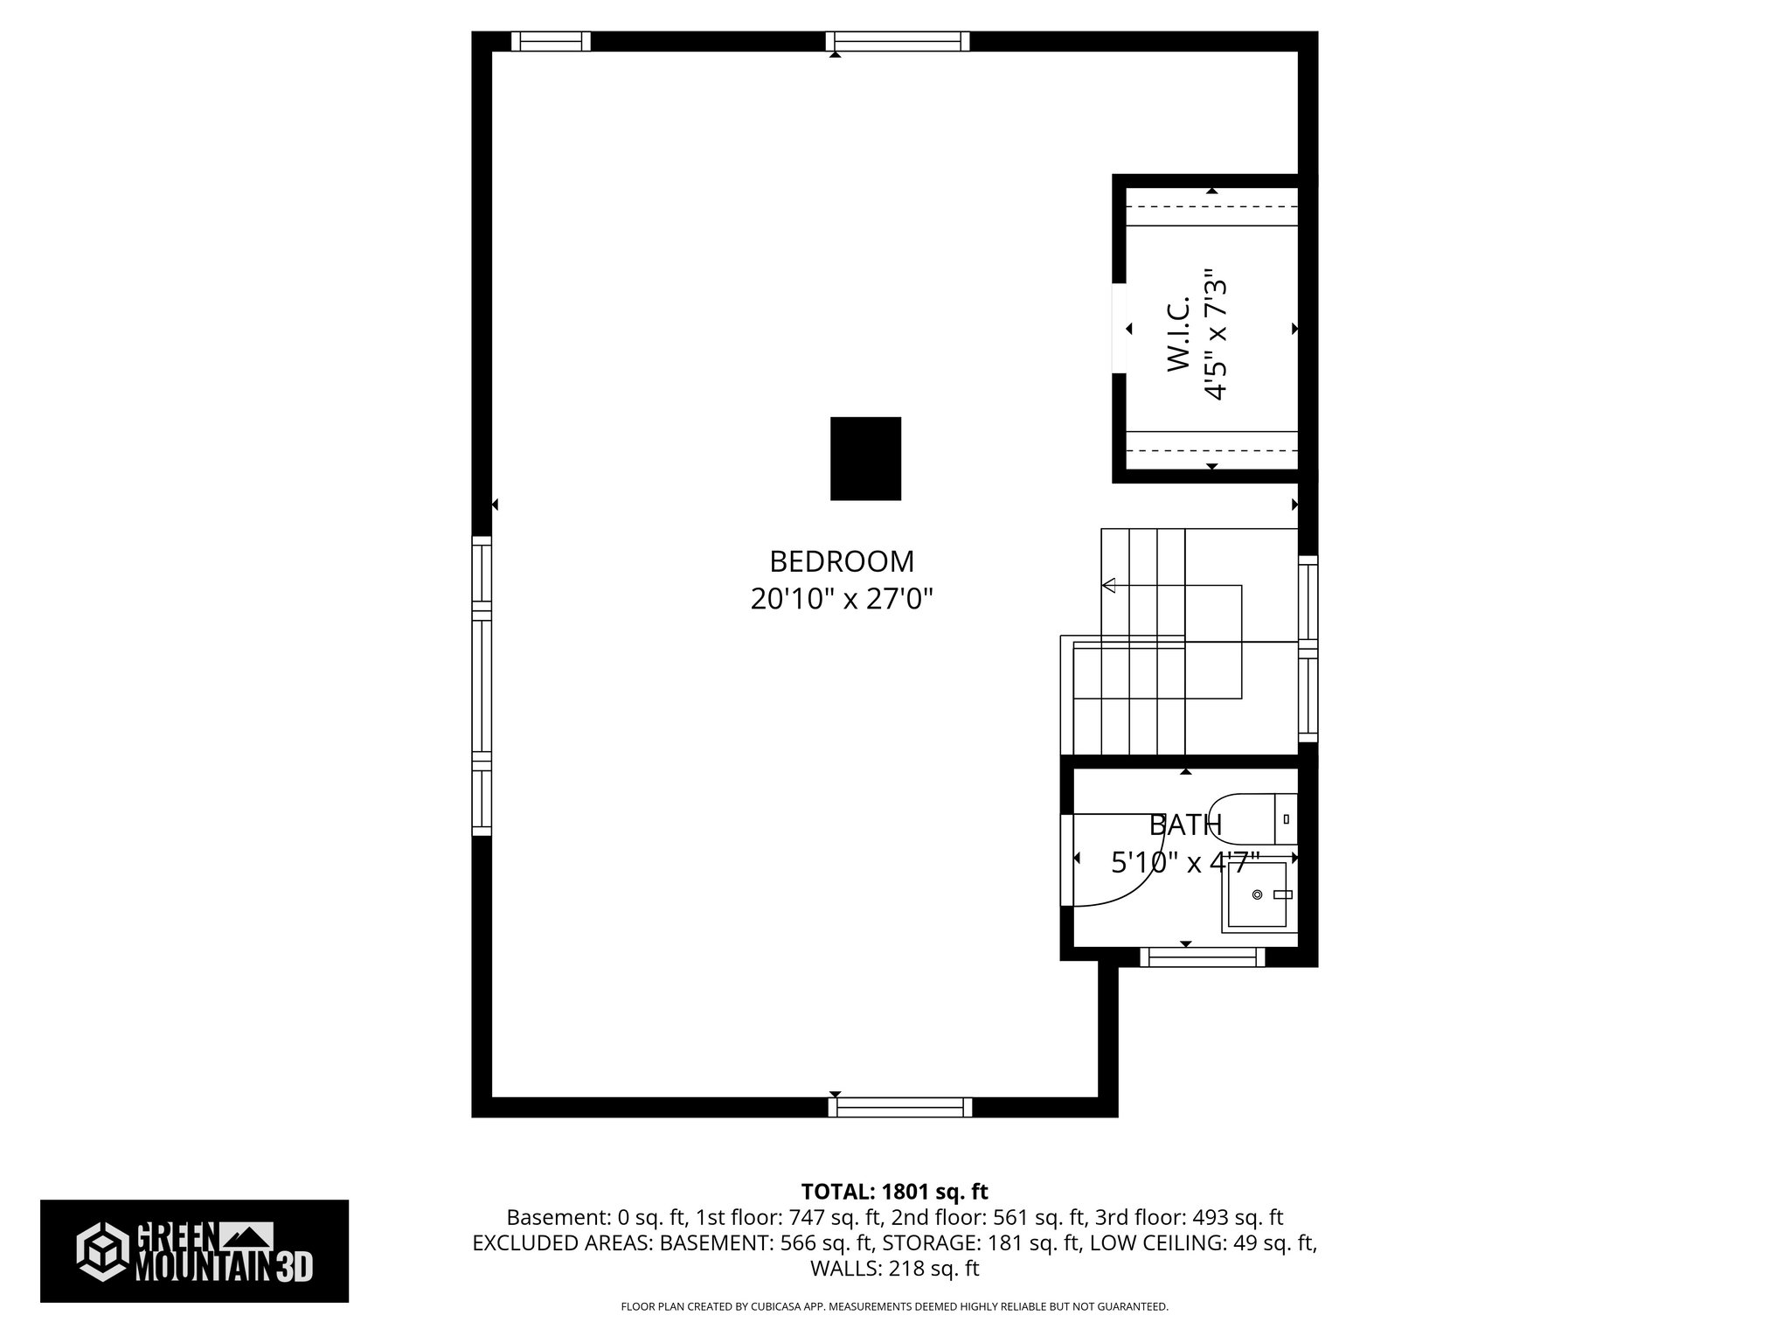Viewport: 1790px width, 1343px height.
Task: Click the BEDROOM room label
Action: point(842,560)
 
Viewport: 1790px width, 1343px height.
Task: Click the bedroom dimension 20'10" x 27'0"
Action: point(842,599)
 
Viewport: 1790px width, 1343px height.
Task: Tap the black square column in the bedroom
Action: point(865,458)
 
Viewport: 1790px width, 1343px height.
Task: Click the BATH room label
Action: point(1184,825)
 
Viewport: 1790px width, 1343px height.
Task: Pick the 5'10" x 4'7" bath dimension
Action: point(1184,863)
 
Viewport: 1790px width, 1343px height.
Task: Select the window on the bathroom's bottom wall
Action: point(1202,958)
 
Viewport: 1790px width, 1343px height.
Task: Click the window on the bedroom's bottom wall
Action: point(900,1107)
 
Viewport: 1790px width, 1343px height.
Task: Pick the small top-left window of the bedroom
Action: point(551,41)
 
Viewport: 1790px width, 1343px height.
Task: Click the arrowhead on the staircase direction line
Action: point(1109,585)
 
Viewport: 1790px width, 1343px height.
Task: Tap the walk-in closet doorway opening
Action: point(1119,328)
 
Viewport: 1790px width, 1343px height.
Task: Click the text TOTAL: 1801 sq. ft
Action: point(894,1192)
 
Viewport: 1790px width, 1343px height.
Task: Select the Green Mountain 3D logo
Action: point(194,1251)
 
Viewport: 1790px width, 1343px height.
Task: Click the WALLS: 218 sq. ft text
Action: point(894,1269)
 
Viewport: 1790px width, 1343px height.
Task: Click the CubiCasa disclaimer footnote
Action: point(894,1306)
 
